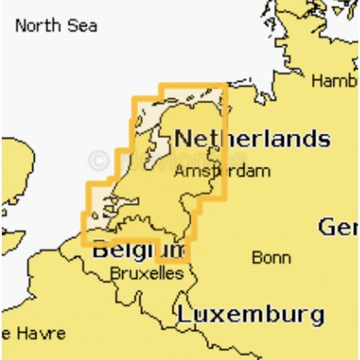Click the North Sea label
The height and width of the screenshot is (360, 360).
pos(56,26)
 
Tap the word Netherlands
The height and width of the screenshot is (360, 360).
pos(252,139)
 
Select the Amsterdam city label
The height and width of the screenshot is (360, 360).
pos(222,172)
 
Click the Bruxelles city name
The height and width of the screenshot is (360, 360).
pos(146,274)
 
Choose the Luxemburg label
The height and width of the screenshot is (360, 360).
pos(250,314)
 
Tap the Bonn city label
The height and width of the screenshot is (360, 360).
pos(271,258)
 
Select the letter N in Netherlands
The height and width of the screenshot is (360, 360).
pos(183,139)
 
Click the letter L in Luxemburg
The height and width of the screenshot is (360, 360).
pos(183,314)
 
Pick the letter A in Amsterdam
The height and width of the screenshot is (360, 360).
pos(179,172)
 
